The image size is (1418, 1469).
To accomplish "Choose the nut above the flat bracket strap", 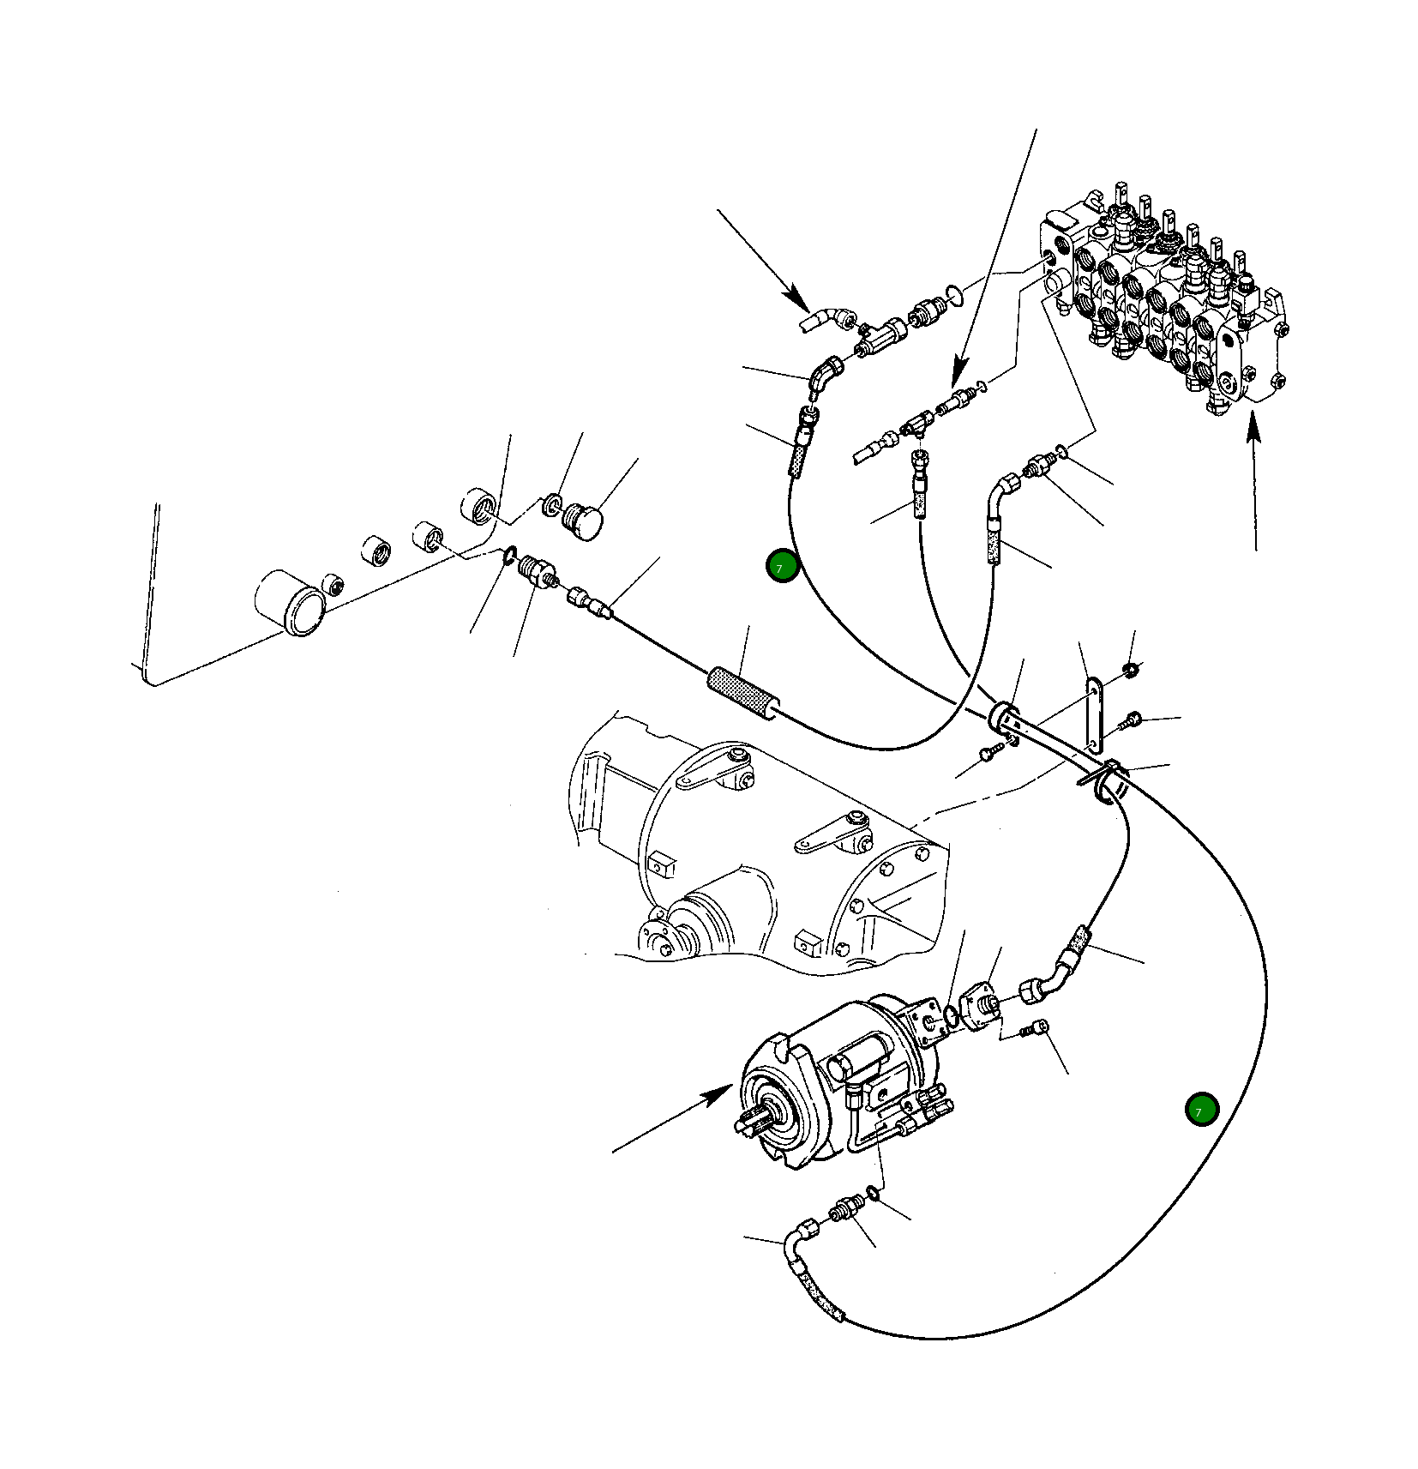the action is (1131, 668).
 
